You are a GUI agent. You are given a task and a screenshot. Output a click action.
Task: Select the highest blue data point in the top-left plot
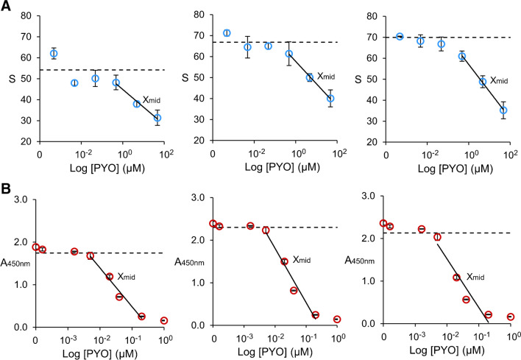point(54,54)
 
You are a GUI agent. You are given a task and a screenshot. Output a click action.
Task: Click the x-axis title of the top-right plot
point(442,169)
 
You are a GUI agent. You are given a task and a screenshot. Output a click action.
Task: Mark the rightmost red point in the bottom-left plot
point(164,321)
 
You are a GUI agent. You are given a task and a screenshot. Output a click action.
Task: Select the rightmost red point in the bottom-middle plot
point(338,320)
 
